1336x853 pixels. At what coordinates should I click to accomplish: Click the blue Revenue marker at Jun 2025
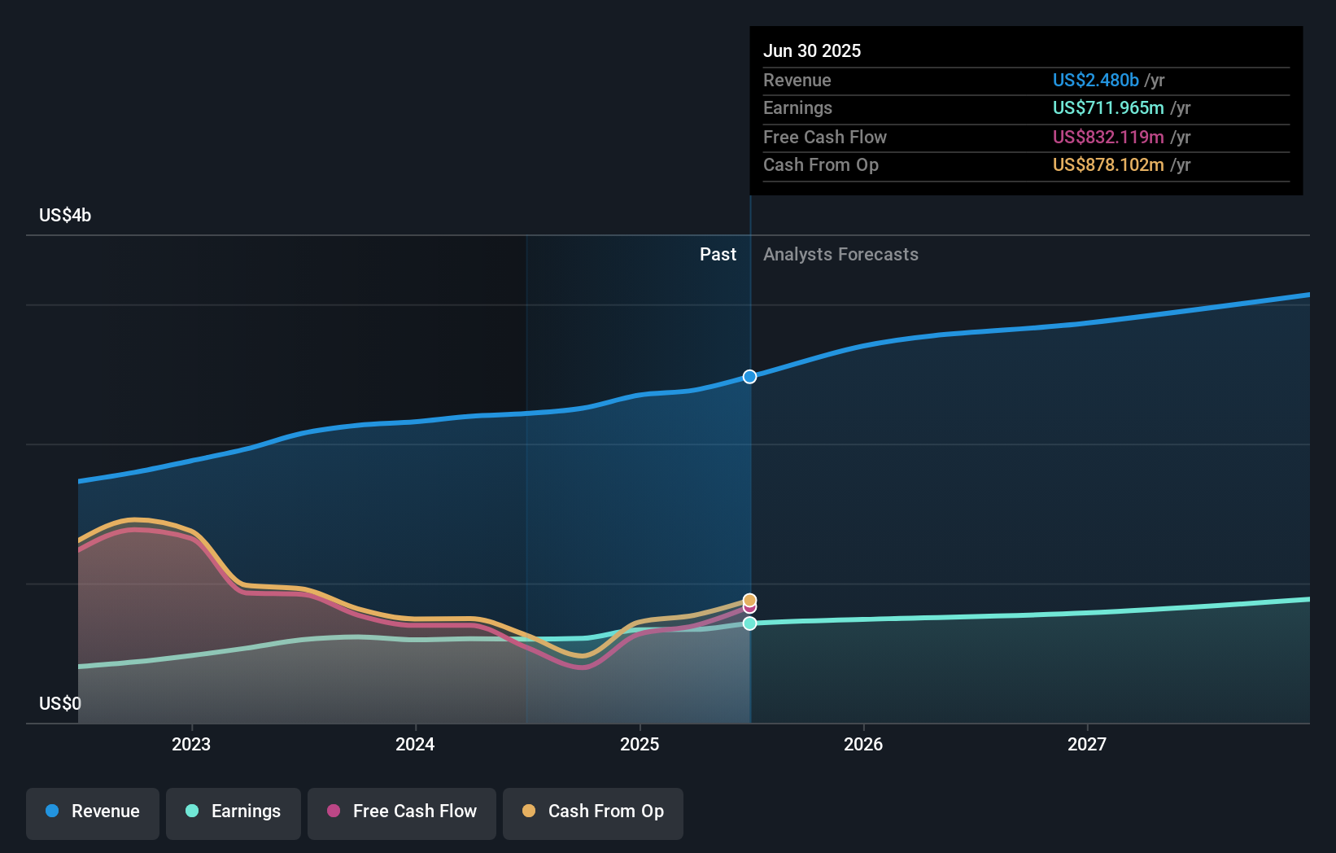(x=749, y=377)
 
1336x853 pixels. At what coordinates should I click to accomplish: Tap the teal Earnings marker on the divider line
(x=749, y=623)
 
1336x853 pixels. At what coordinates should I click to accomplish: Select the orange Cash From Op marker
(x=749, y=600)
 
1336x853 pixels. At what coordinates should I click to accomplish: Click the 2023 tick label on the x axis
(x=191, y=744)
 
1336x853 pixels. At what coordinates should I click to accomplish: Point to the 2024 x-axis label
(x=415, y=744)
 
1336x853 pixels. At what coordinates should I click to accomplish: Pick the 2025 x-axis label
(x=640, y=744)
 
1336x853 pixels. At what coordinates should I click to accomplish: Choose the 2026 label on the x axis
(x=863, y=744)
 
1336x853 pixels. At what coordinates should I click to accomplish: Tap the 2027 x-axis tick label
(x=1087, y=744)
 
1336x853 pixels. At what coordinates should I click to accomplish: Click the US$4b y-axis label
(x=65, y=216)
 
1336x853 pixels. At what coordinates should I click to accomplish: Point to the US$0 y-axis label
(x=60, y=703)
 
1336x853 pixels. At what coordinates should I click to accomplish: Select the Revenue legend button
(x=93, y=811)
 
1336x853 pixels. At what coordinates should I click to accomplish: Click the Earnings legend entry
(x=234, y=811)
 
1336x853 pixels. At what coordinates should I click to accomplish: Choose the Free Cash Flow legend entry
(x=402, y=811)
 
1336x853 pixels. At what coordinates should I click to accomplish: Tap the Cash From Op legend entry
(x=593, y=811)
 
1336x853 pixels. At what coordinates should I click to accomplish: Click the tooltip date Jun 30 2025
(x=812, y=50)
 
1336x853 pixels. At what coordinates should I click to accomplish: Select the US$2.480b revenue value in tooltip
(x=1095, y=80)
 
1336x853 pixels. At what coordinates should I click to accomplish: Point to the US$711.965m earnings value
(x=1107, y=107)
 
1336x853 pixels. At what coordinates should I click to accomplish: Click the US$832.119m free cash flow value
(x=1107, y=137)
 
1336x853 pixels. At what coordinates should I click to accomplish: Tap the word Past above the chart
(x=718, y=255)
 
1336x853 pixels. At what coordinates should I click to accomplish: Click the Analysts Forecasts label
(x=840, y=255)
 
